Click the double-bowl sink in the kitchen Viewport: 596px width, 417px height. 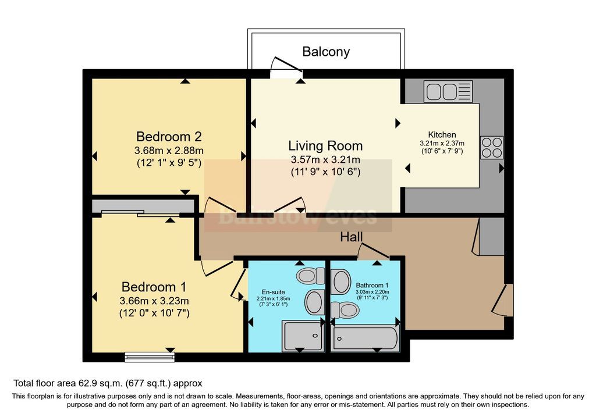point(448,91)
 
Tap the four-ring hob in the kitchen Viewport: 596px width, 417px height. point(492,147)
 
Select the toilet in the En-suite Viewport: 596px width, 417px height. point(311,276)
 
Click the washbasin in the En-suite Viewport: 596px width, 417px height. point(315,301)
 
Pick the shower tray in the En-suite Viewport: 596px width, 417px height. point(303,336)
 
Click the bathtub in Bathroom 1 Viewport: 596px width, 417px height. point(365,338)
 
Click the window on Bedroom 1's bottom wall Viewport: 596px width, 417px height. point(150,357)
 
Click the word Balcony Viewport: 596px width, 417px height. point(326,52)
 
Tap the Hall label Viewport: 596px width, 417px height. point(351,237)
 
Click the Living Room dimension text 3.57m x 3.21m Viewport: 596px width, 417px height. point(325,159)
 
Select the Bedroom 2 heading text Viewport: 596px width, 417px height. point(169,136)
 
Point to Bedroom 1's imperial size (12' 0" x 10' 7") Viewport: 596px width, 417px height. point(154,313)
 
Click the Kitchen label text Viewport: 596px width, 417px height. point(442,134)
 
